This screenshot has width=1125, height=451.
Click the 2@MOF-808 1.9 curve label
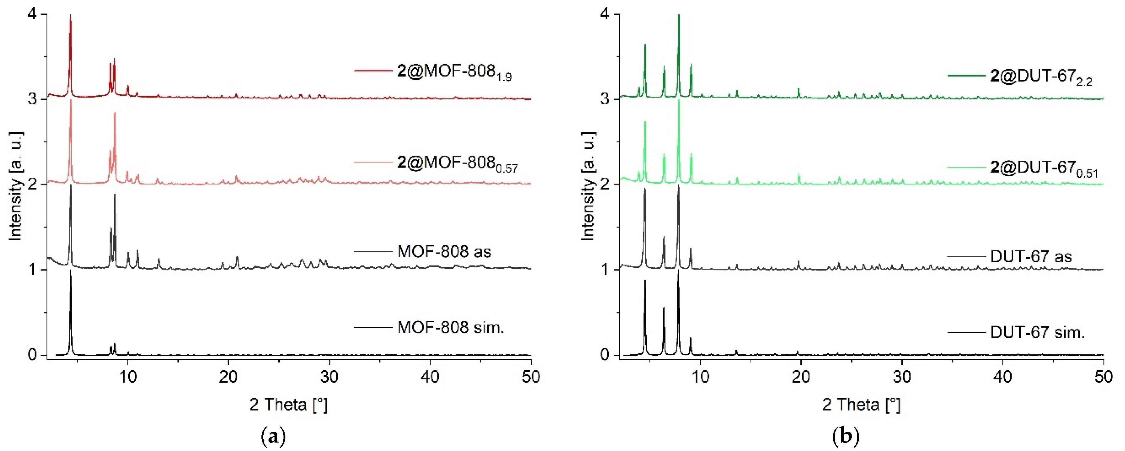pyautogui.click(x=454, y=72)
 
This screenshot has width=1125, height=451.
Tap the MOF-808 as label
pyautogui.click(x=444, y=252)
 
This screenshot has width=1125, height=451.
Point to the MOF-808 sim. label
pyautogui.click(x=451, y=327)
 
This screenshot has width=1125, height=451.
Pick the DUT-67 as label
pyautogui.click(x=1031, y=256)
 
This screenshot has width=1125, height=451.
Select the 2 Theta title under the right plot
pyautogui.click(x=861, y=405)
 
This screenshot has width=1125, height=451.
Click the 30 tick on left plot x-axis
pyautogui.click(x=329, y=376)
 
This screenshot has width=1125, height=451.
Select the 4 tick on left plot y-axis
pyautogui.click(x=31, y=14)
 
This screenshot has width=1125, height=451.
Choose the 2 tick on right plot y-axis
pyautogui.click(x=604, y=184)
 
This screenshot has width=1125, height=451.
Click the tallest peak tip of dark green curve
pyautogui.click(x=679, y=15)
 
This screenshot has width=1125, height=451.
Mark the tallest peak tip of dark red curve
pyautogui.click(x=70, y=15)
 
